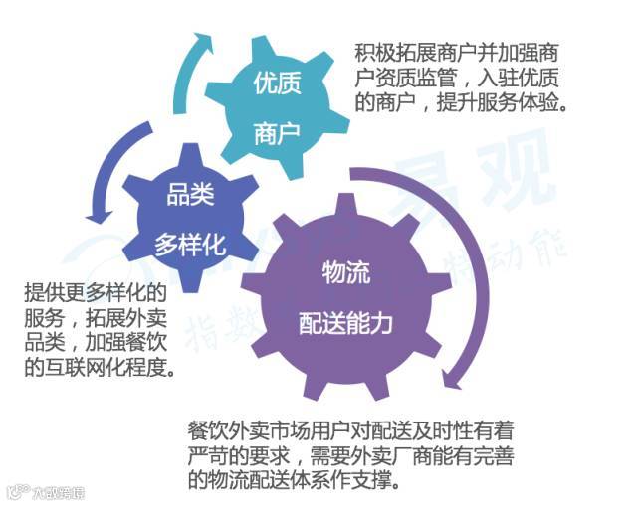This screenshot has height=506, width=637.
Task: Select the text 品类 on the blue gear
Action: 189,193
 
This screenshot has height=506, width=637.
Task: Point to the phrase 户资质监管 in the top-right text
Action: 404,76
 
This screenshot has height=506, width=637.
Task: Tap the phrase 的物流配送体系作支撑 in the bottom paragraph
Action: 290,483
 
